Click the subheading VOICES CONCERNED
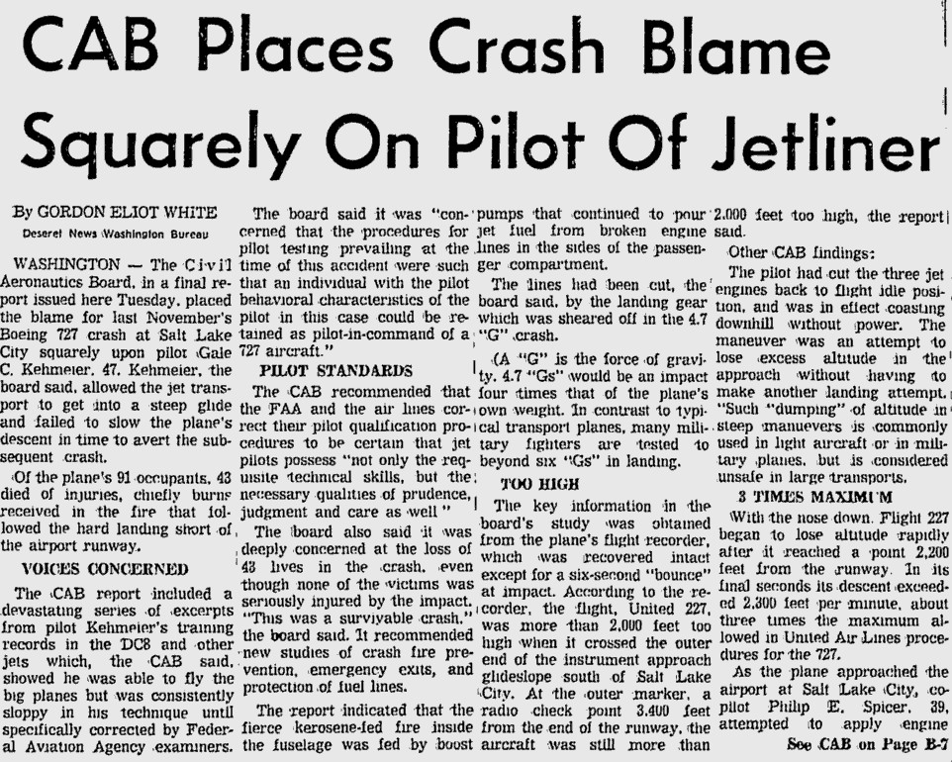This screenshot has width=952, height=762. (104, 569)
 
